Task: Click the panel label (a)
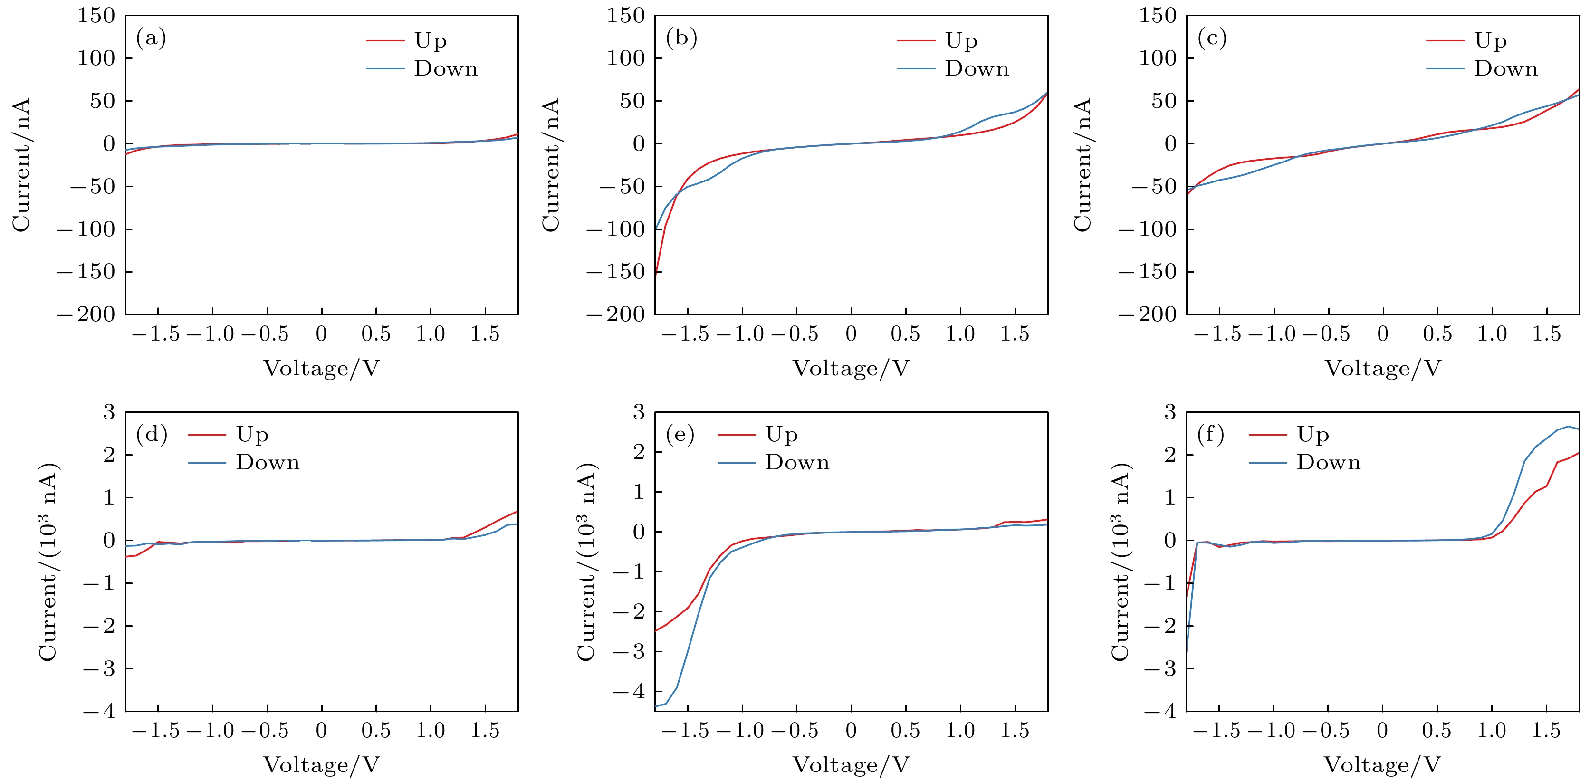pyautogui.click(x=151, y=39)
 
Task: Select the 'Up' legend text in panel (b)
pyautogui.click(x=961, y=41)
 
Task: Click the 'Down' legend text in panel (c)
pyautogui.click(x=1505, y=68)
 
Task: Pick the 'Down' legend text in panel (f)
pyautogui.click(x=1328, y=463)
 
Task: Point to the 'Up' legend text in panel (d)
pyautogui.click(x=252, y=435)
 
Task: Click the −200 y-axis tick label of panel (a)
pyautogui.click(x=86, y=314)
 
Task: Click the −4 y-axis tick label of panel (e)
pyautogui.click(x=629, y=692)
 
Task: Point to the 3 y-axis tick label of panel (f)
pyautogui.click(x=1169, y=412)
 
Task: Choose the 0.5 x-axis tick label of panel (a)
pyautogui.click(x=376, y=334)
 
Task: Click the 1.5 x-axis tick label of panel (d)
pyautogui.click(x=485, y=731)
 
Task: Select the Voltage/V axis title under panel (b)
pyautogui.click(x=851, y=368)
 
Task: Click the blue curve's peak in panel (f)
pyautogui.click(x=1568, y=426)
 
